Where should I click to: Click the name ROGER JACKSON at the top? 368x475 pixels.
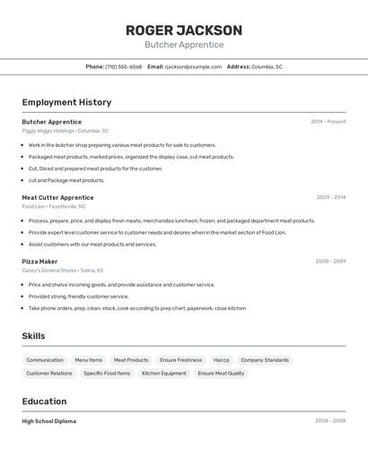(184, 30)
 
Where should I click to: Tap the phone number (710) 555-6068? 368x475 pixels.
(124, 67)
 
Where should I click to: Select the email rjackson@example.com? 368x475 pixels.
(193, 67)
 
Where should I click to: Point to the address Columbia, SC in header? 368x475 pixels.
(267, 67)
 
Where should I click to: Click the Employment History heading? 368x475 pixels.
(66, 103)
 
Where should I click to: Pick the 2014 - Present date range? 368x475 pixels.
(328, 122)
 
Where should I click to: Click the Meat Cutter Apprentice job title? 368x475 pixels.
(57, 198)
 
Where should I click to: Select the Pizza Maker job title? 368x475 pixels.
(39, 262)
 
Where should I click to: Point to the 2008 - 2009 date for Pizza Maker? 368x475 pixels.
(329, 262)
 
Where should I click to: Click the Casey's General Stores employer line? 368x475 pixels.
(63, 271)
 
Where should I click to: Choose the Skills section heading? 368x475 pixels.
(34, 336)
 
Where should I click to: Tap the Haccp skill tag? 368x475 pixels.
(222, 360)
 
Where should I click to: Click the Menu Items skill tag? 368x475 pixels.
(88, 360)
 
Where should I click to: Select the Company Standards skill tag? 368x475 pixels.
(265, 360)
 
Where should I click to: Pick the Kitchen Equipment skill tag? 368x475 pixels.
(164, 374)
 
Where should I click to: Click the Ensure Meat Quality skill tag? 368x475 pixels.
(221, 374)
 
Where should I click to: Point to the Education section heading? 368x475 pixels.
(44, 402)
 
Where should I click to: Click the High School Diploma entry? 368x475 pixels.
(49, 421)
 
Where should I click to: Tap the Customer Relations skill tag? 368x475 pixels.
(49, 374)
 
